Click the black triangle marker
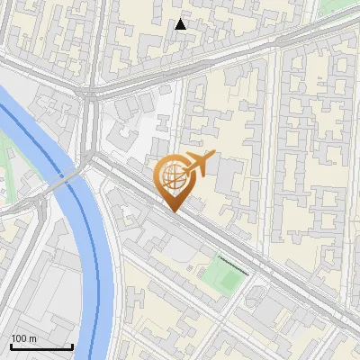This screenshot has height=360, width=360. (x=181, y=24)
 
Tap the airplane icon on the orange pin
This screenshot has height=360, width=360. (x=199, y=164)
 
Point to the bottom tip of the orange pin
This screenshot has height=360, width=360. (x=173, y=211)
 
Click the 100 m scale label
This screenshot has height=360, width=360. (x=23, y=338)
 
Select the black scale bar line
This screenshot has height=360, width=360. (x=41, y=346)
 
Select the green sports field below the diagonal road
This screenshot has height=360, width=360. (x=221, y=276)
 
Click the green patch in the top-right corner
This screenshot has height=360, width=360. (x=337, y=6)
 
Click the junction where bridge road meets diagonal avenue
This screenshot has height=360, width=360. (x=93, y=157)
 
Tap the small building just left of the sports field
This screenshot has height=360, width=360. (x=193, y=267)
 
